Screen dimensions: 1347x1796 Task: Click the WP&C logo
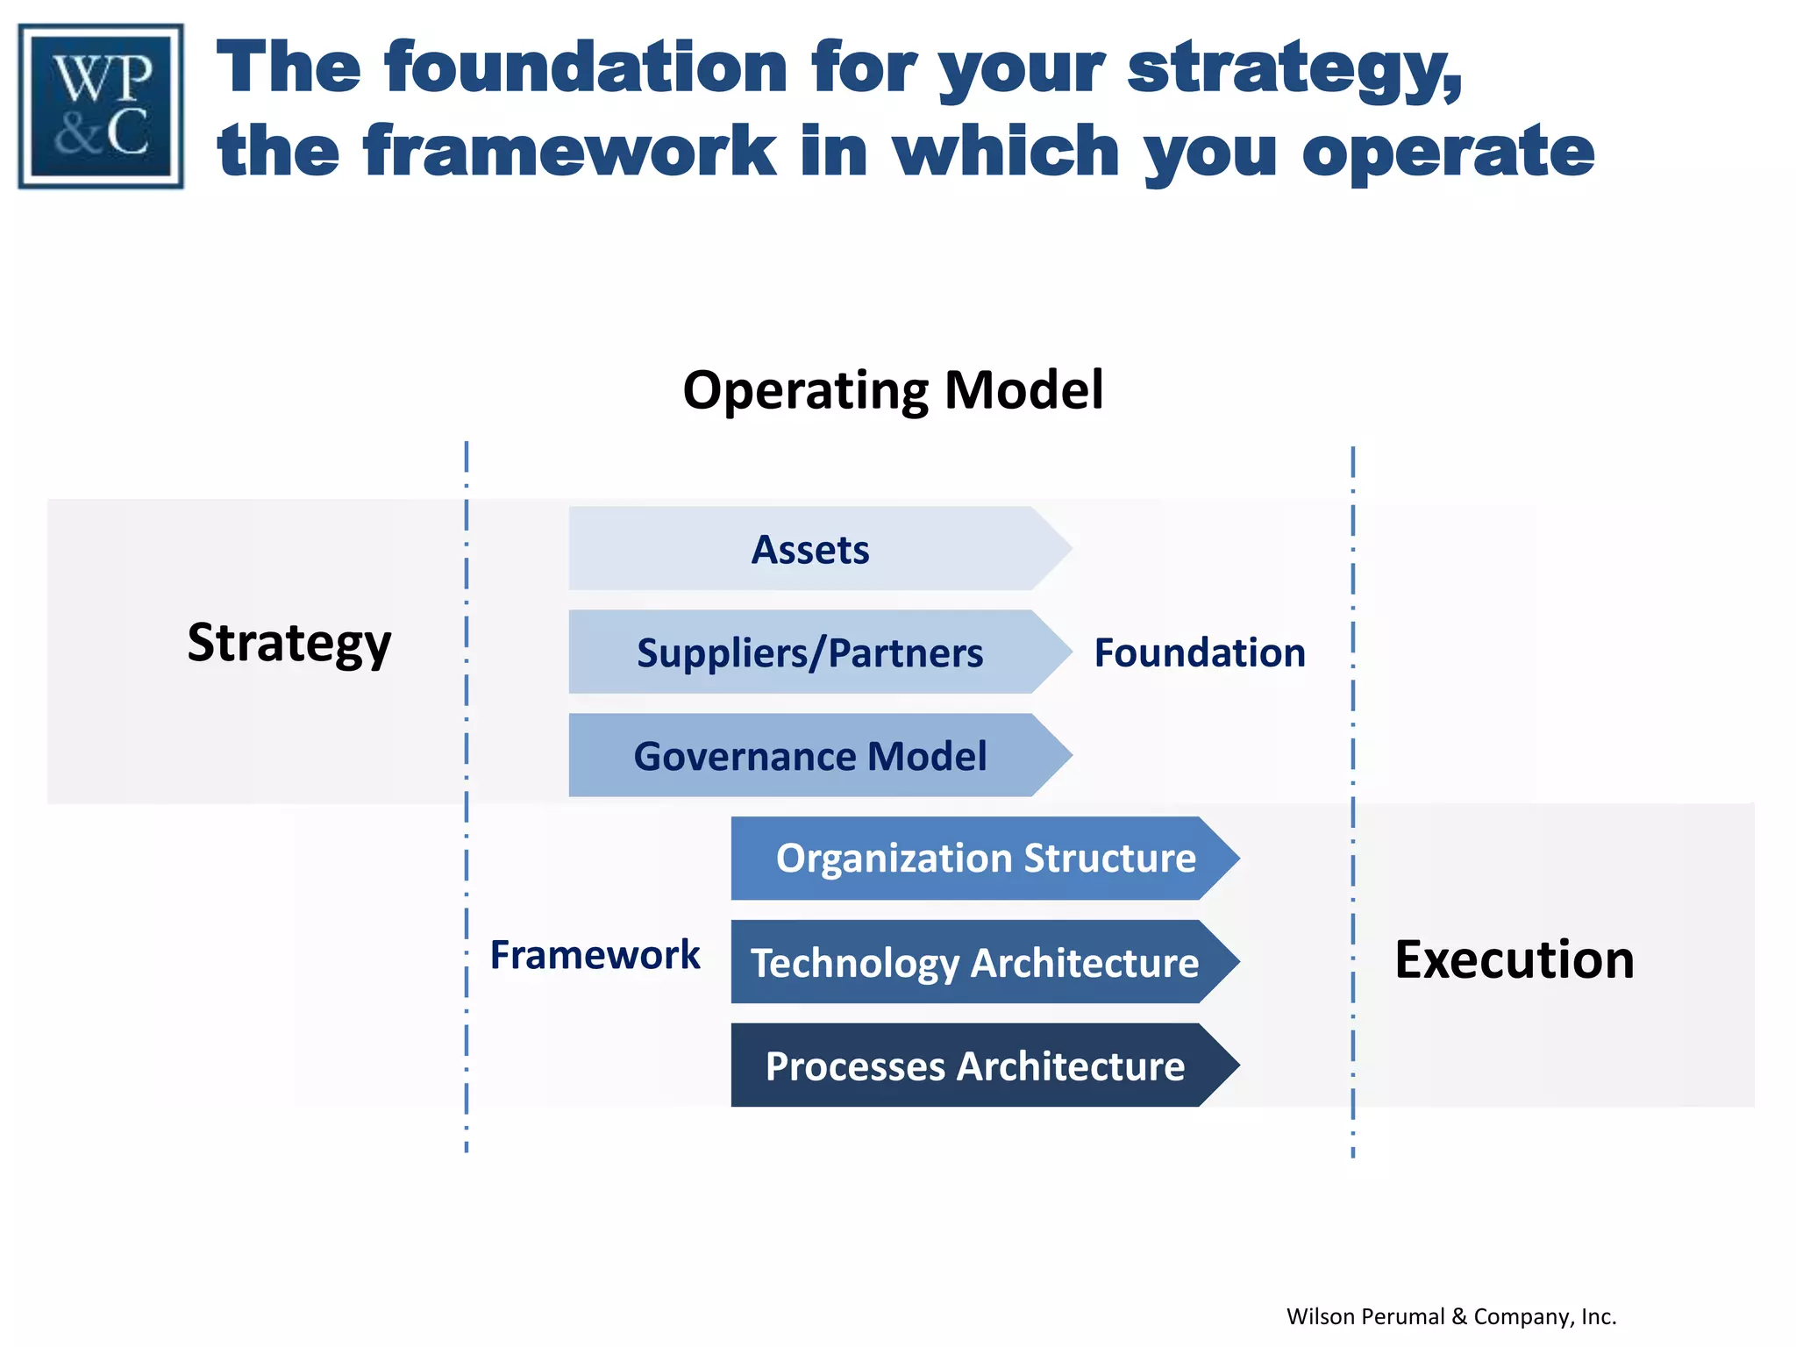click(101, 106)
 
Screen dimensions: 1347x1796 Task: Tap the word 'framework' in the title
click(570, 151)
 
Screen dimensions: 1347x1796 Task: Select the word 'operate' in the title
click(1448, 151)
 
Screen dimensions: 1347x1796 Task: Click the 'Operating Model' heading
click(893, 390)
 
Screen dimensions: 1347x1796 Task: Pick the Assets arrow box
click(811, 549)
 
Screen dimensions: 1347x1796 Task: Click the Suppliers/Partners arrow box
click(811, 652)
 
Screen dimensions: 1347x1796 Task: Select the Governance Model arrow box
click(811, 756)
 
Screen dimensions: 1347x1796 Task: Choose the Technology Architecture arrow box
click(975, 962)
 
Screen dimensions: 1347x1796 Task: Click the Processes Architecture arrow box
click(975, 1065)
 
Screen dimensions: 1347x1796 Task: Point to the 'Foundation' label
click(1199, 653)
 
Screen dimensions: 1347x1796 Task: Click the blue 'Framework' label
click(595, 955)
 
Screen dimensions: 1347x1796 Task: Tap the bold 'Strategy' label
click(289, 643)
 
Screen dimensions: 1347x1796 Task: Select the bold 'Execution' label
click(1514, 959)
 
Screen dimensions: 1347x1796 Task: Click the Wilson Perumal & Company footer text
click(1450, 1316)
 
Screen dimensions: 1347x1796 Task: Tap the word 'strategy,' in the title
click(1294, 69)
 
